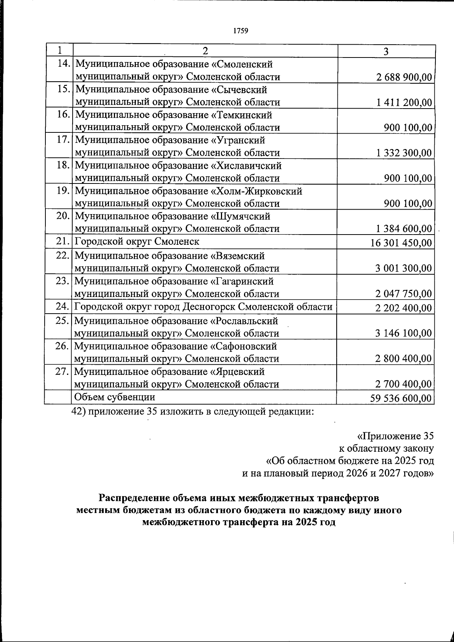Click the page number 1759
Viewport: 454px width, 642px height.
(241, 31)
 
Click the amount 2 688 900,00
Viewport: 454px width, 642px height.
(404, 77)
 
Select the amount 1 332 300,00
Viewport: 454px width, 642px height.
(404, 153)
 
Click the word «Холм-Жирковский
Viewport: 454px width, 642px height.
(256, 191)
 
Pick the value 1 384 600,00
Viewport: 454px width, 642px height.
(404, 229)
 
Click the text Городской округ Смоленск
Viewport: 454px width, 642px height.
(137, 241)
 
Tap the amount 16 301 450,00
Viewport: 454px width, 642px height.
(401, 242)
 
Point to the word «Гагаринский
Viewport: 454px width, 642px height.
(242, 281)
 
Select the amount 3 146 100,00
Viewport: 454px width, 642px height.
(403, 333)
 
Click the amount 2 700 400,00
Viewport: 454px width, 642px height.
(403, 384)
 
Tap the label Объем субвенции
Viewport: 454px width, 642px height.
(115, 397)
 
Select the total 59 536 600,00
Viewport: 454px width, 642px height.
(401, 398)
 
